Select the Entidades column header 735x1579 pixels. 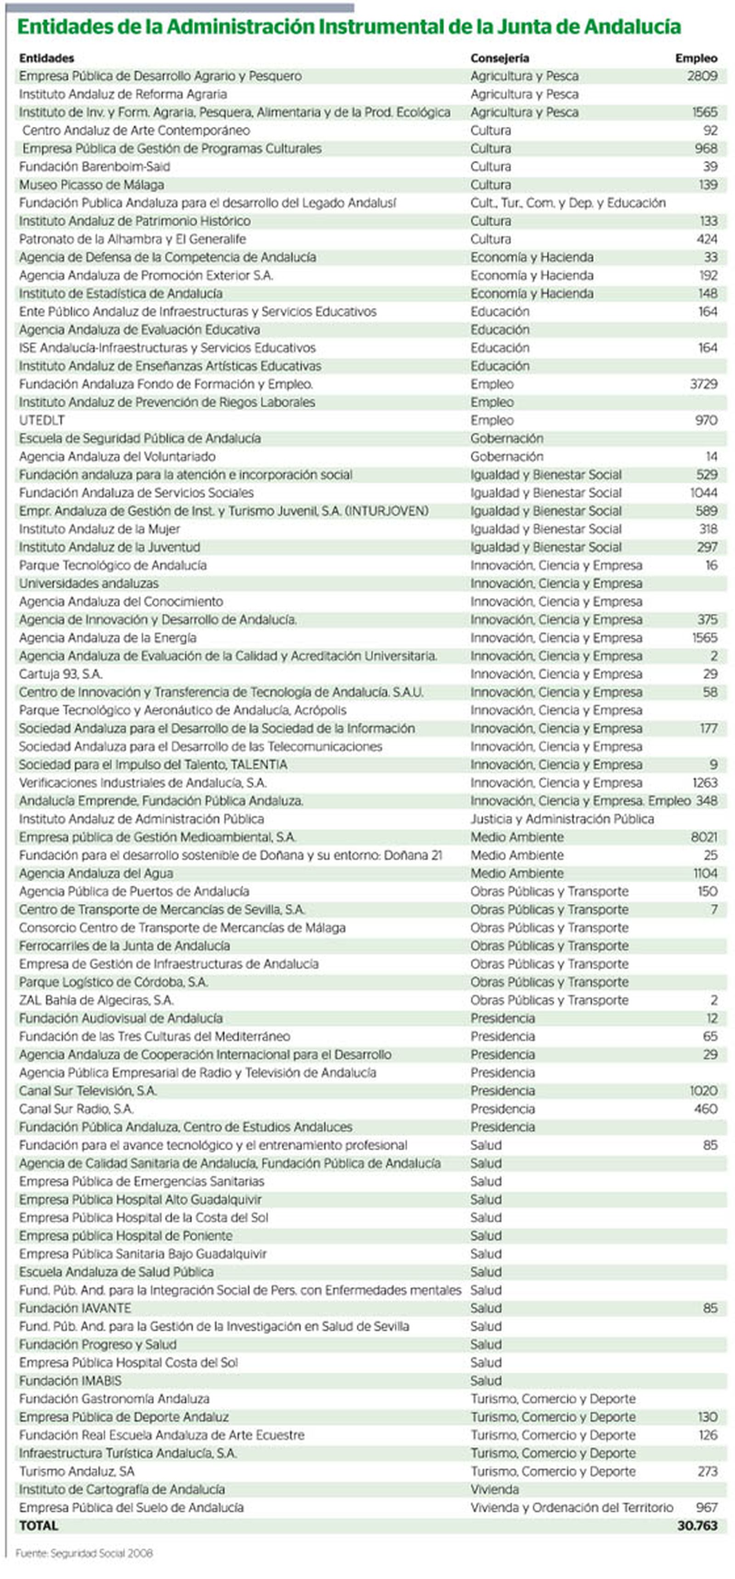coord(46,58)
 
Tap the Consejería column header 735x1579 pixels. coord(500,58)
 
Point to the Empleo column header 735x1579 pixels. coord(696,58)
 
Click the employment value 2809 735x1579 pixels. coord(702,76)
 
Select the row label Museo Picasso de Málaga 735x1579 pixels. coord(91,185)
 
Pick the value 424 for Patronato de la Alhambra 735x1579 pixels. coord(707,239)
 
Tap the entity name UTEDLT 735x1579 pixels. coord(42,420)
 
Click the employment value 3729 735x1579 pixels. coord(703,385)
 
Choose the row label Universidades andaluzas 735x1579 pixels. coord(88,583)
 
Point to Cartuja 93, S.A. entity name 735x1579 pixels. coord(61,674)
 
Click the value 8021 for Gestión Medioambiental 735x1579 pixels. coord(704,838)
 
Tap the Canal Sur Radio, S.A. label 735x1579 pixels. coord(76,1109)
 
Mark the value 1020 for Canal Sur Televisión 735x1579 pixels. coord(703,1091)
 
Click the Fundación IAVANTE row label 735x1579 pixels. coord(75,1308)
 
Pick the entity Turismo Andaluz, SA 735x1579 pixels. coord(77,1472)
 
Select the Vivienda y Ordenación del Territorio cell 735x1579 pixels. coord(571,1508)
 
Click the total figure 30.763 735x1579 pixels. coord(697,1526)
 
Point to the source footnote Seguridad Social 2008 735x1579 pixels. coord(84,1553)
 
